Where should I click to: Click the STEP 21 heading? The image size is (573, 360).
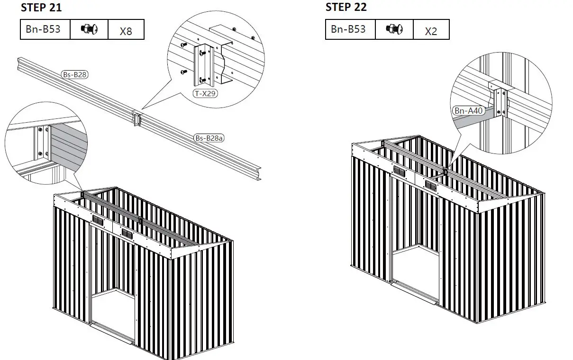[x=41, y=8]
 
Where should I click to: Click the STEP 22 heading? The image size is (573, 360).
[x=346, y=7]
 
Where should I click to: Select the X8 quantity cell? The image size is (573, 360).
[x=126, y=31]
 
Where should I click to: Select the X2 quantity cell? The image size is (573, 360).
[x=431, y=31]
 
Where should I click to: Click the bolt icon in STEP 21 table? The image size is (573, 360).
[x=89, y=29]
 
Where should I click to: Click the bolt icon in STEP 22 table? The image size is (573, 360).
[x=394, y=29]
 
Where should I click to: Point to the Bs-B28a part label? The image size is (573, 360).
[x=209, y=138]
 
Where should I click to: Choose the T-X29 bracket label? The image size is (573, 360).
[x=206, y=93]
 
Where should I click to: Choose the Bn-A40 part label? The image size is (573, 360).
[x=468, y=111]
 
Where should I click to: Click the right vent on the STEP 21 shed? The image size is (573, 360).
[x=127, y=233]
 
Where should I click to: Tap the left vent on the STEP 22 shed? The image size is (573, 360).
[x=400, y=171]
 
